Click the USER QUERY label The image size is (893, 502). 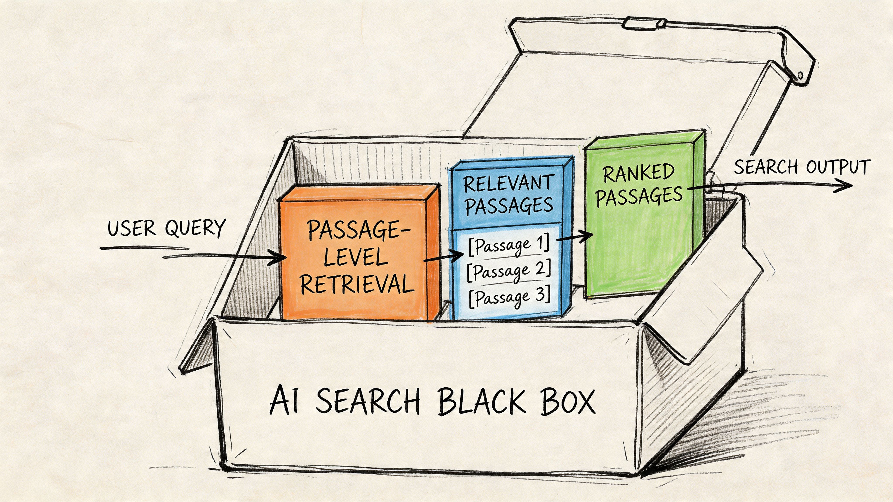[166, 229]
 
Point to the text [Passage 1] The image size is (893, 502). [509, 245]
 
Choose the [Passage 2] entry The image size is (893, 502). [509, 271]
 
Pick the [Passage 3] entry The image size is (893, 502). [509, 297]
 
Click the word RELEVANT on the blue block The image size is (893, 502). [509, 184]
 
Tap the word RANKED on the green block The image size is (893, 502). [639, 173]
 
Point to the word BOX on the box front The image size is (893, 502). [568, 402]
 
